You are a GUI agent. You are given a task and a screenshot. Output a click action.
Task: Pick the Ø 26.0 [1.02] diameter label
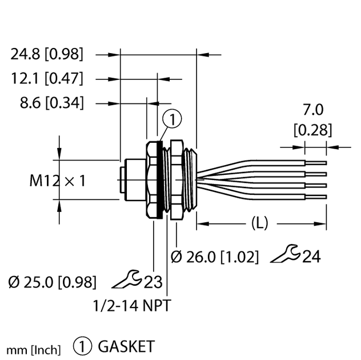pos(214,257)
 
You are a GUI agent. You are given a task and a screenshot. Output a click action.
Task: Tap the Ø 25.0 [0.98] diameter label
pos(53,282)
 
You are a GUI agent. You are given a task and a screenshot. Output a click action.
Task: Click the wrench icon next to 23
pos(127,279)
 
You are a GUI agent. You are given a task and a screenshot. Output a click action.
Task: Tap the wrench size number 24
pos(311,257)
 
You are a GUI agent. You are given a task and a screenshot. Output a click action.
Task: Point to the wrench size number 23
pos(153,282)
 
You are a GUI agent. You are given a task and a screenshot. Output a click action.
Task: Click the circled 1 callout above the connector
pos(171,119)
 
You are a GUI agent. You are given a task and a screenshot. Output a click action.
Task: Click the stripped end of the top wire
pos(315,162)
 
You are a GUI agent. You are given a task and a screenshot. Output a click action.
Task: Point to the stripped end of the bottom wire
pos(315,197)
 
